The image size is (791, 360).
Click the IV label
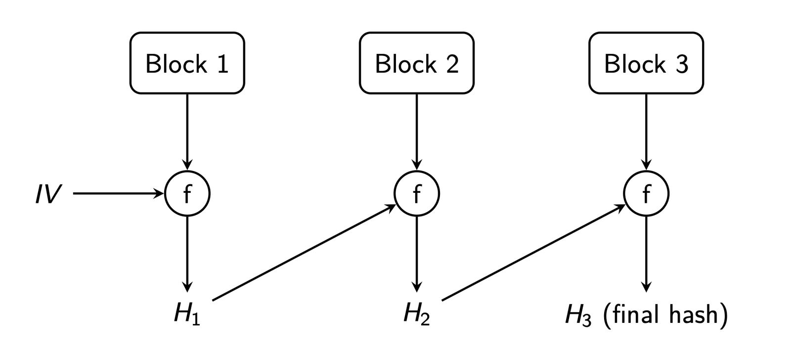pos(48,194)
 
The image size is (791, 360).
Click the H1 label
pos(187,315)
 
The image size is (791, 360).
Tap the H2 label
pos(417,315)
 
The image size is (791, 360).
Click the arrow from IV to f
pos(119,194)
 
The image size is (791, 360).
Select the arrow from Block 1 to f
pos(187,132)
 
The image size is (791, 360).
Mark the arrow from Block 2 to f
pos(417,132)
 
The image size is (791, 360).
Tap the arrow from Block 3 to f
pos(646,132)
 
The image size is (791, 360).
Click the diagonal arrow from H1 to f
pos(304,252)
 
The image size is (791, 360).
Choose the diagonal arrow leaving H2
pos(533,252)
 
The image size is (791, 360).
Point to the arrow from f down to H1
pos(187,254)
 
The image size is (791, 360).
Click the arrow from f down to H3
pos(646,254)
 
